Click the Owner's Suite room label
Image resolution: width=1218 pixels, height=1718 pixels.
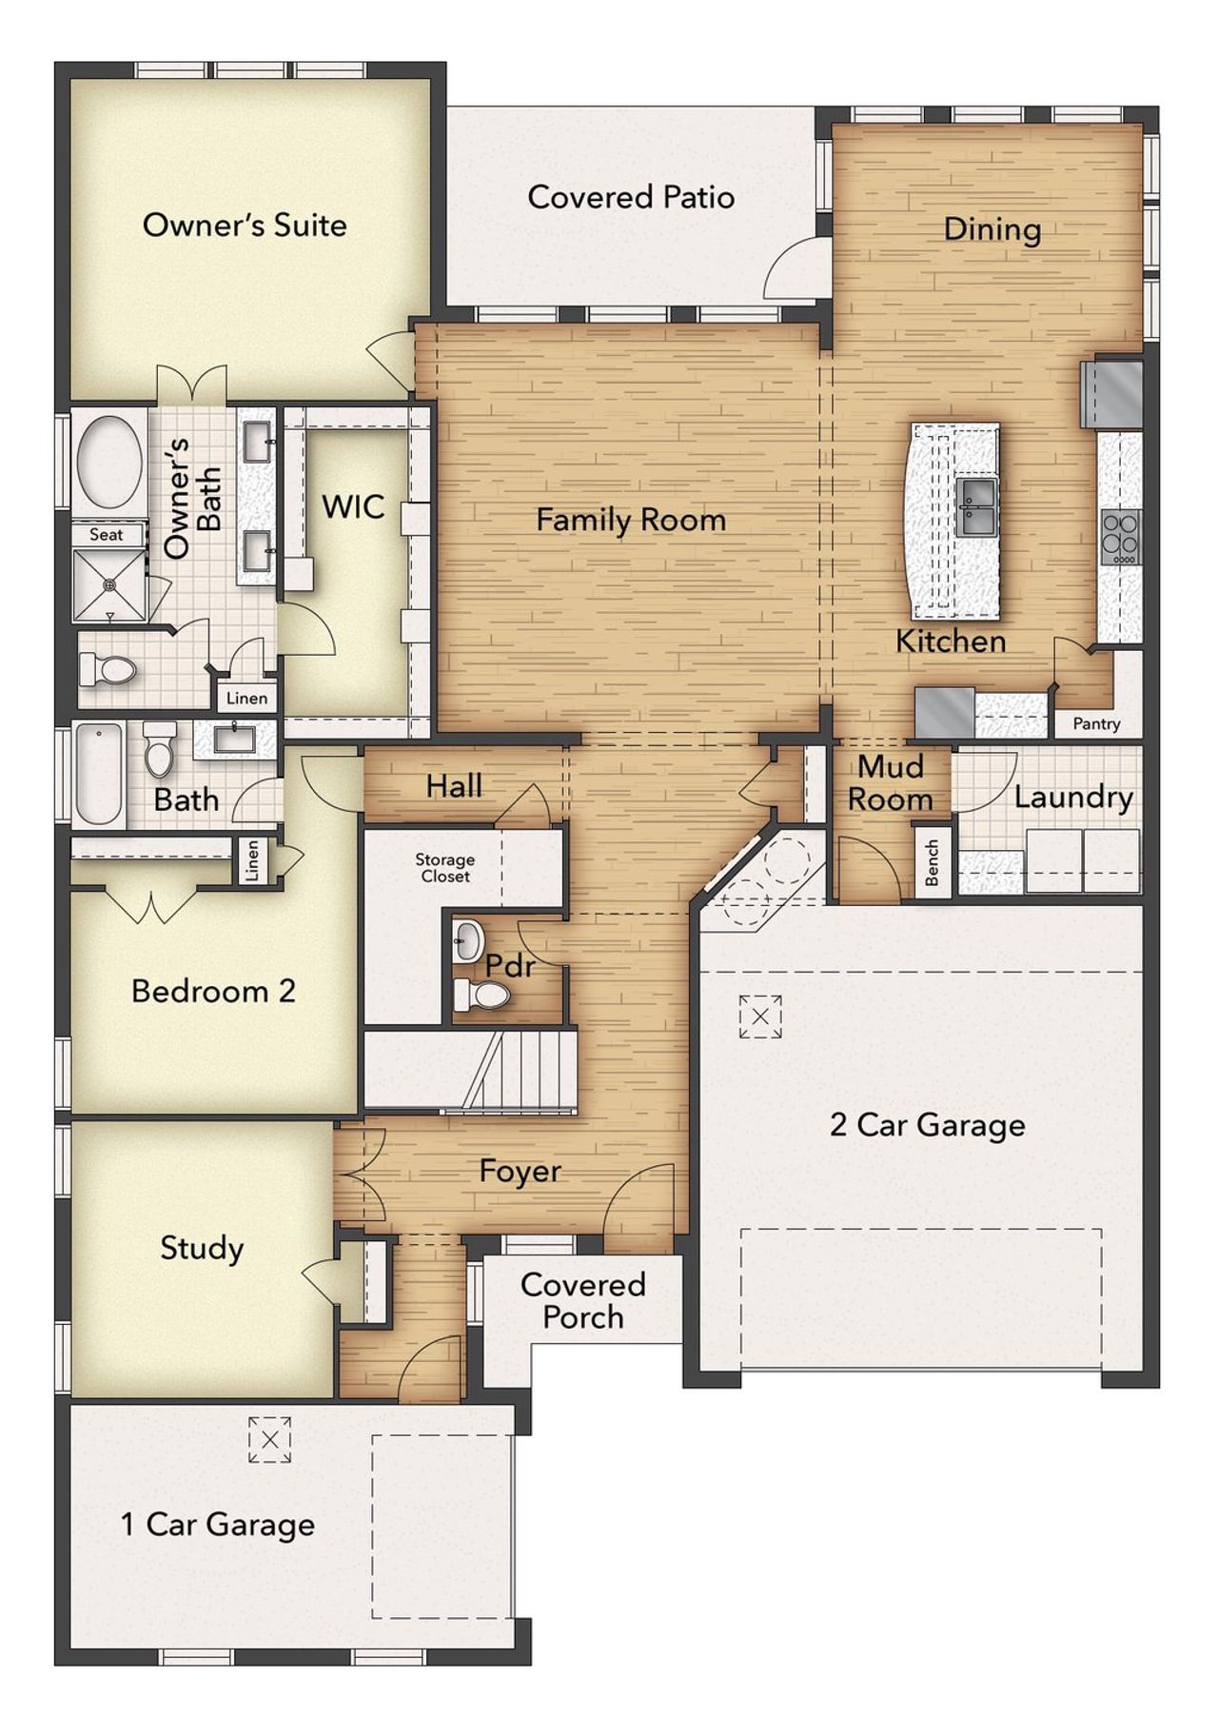tap(245, 226)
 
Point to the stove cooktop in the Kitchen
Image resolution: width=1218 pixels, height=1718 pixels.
tap(1120, 537)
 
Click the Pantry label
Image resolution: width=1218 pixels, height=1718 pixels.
tap(1096, 724)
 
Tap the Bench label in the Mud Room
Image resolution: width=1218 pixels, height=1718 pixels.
tap(933, 863)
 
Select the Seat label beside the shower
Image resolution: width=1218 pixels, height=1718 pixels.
tap(107, 535)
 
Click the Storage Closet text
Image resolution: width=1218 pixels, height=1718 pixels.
tap(444, 868)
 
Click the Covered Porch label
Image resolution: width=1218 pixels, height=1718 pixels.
tap(582, 1301)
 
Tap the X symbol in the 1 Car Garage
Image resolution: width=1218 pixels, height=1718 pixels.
tap(269, 1439)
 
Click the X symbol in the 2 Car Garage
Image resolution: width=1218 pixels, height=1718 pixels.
tap(760, 1017)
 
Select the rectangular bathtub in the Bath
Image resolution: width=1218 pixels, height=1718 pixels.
tap(100, 774)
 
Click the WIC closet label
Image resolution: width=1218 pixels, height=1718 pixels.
tap(353, 507)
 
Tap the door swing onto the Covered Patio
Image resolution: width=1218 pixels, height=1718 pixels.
tap(794, 271)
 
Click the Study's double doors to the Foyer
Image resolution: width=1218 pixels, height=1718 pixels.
tap(360, 1173)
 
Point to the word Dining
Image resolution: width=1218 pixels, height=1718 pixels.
tap(992, 229)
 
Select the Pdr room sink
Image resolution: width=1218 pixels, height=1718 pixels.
tap(468, 940)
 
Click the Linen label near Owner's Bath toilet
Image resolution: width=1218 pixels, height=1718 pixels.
tap(246, 699)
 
